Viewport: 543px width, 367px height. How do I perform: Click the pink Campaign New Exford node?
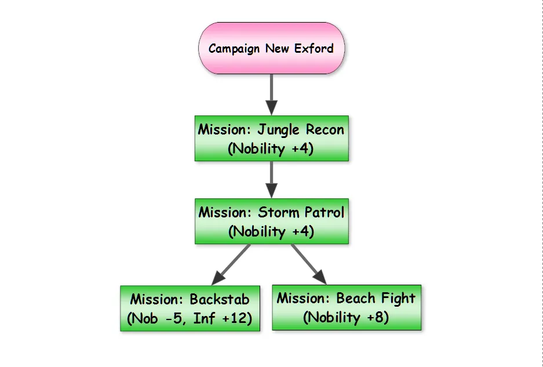[271, 49]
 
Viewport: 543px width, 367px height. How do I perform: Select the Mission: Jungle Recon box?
[271, 139]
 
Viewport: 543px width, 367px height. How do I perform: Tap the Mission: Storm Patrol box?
[271, 221]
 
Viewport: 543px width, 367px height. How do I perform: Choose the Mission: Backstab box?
[190, 309]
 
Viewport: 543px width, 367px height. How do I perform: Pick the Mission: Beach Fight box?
[347, 308]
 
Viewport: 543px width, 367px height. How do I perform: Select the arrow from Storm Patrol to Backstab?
[232, 264]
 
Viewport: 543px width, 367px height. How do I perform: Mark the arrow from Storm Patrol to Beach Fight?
[308, 264]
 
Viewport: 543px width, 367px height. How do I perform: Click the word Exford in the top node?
[314, 48]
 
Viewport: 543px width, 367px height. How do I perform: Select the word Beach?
[356, 298]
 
